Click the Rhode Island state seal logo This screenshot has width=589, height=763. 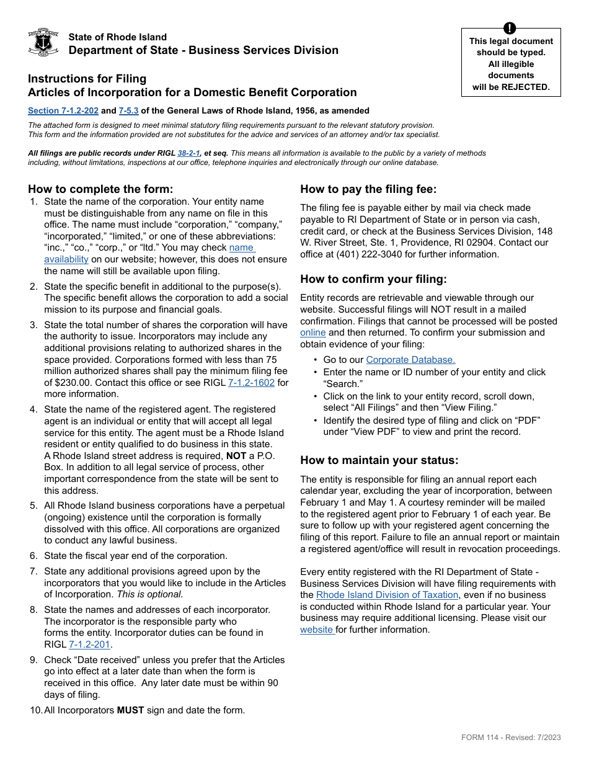(43, 43)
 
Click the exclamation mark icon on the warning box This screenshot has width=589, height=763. (510, 28)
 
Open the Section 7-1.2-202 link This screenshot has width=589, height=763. (63, 111)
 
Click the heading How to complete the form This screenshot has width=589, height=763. (100, 189)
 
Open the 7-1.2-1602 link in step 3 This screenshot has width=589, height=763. (251, 383)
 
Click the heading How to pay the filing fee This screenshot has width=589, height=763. (368, 189)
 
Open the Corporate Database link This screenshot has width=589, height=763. (410, 360)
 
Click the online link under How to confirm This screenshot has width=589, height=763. (312, 332)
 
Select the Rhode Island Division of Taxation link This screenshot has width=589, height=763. (387, 595)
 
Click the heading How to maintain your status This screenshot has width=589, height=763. (379, 460)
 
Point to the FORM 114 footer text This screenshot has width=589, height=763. (510, 737)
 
